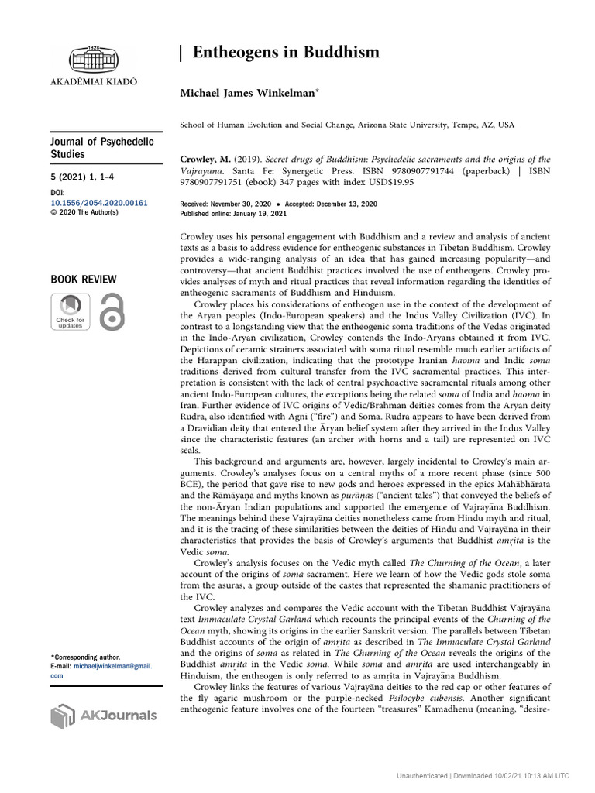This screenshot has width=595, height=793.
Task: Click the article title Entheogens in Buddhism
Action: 286,53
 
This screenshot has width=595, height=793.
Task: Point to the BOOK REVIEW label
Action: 84,279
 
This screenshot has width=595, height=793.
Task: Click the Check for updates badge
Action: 70,312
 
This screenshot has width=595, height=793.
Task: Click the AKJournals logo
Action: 104,716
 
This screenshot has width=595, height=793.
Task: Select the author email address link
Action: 101,671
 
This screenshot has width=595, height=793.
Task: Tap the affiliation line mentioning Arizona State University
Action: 347,125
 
